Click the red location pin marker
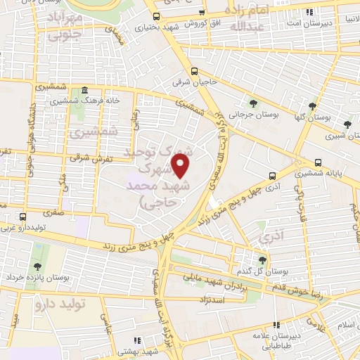[x=181, y=167]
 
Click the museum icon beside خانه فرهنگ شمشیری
[x=84, y=91]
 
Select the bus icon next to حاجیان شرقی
[x=195, y=71]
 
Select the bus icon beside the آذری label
[x=272, y=176]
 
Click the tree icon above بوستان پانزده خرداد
[x=37, y=266]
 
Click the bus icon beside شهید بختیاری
[x=156, y=16]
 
